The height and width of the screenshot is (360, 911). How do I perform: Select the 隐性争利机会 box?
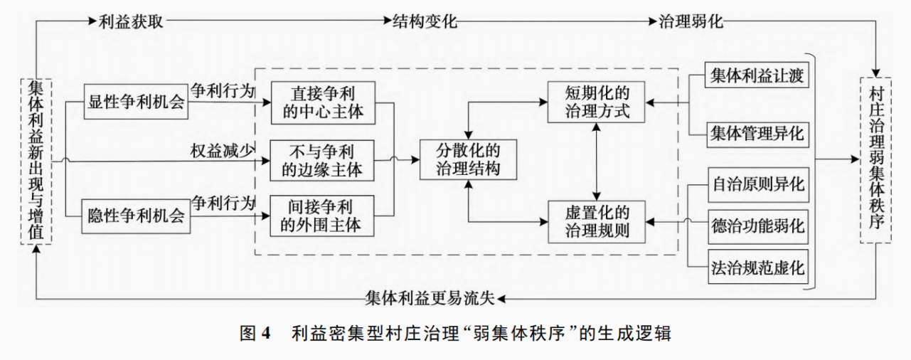coord(136,215)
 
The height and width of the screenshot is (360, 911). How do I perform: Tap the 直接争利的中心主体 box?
coord(322,102)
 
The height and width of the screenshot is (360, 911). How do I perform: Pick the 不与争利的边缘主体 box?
coord(322,159)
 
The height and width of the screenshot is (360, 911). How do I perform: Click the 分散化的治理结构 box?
coord(467,159)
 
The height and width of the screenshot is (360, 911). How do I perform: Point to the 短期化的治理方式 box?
coord(596,102)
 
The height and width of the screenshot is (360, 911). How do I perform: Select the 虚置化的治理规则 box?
coord(596,221)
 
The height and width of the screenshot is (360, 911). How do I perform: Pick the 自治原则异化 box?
coord(758,185)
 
